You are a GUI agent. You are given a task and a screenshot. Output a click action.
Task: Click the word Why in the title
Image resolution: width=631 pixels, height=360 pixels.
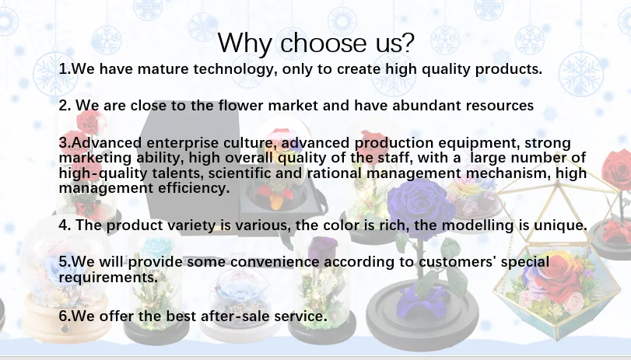click(245, 43)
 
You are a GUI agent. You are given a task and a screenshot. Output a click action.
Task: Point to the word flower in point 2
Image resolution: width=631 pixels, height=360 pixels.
click(241, 106)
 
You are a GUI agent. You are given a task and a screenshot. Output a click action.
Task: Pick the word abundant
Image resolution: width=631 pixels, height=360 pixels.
click(426, 106)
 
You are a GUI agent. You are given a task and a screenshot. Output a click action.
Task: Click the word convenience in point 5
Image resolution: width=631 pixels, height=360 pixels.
click(275, 262)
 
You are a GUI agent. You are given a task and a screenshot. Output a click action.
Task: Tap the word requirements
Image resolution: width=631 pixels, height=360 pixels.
click(109, 277)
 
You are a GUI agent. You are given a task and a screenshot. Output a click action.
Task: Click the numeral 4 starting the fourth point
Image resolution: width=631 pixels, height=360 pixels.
click(63, 225)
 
